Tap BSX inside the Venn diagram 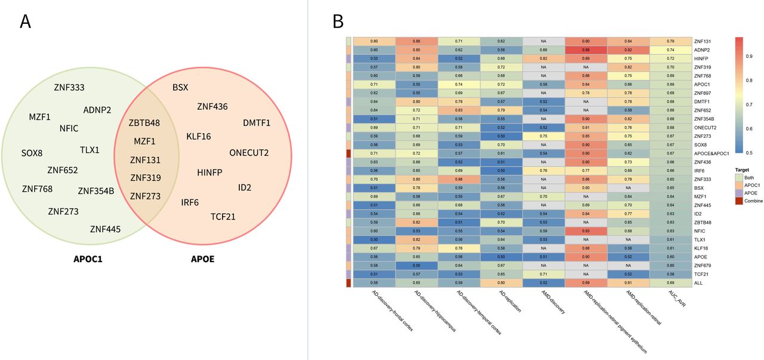(x=180, y=87)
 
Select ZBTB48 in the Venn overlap (x=144, y=124)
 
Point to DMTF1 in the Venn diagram (x=257, y=123)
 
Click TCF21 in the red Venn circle (x=223, y=216)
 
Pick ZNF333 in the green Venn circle (x=69, y=88)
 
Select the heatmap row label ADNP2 (x=703, y=50)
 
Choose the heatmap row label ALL (x=699, y=284)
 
